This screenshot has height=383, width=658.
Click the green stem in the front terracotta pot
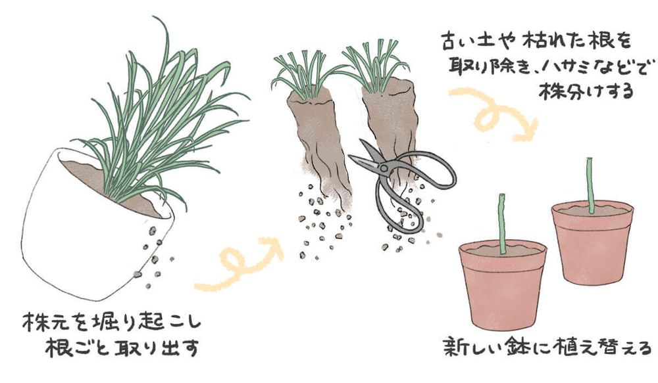coord(502,223)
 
